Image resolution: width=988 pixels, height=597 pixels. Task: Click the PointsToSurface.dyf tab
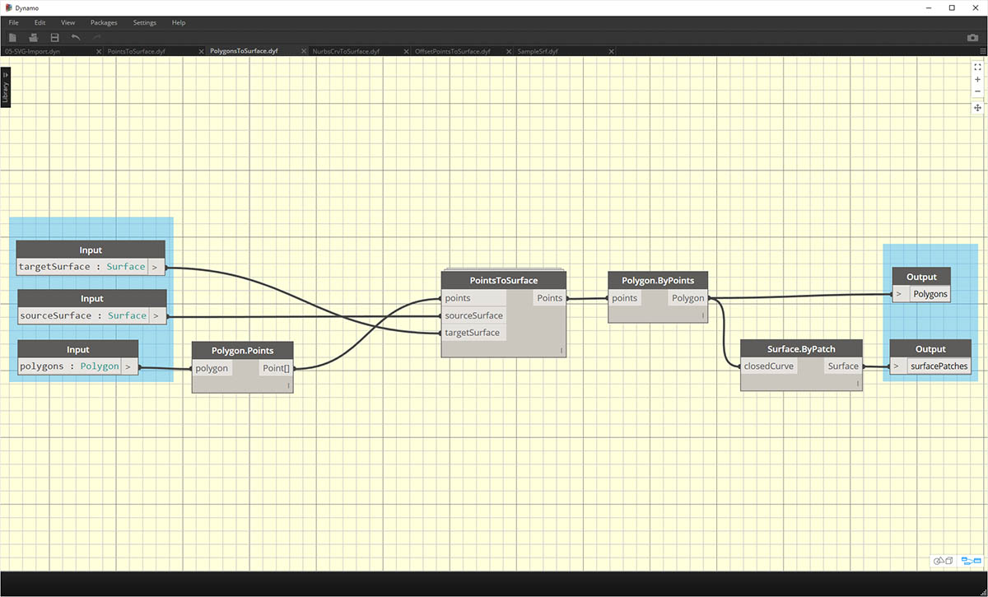pos(137,51)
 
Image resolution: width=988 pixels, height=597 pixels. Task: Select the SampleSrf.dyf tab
pos(538,51)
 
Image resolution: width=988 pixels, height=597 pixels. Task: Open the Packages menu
pos(104,22)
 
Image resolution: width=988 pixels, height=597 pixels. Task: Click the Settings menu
pos(144,22)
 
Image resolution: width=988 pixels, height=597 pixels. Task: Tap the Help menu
pos(179,22)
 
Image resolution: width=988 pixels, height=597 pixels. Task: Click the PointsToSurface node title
pos(503,281)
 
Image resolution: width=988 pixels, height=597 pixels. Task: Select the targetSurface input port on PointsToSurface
pos(473,333)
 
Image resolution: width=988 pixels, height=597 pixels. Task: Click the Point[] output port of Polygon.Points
pos(275,368)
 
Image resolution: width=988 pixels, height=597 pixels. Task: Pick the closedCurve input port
pos(769,366)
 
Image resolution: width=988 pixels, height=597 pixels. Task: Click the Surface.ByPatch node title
pos(801,348)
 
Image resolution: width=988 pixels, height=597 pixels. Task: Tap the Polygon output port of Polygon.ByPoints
pos(687,298)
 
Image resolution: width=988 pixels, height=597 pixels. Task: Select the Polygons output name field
pos(930,294)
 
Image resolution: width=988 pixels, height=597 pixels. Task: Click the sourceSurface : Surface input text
pos(82,315)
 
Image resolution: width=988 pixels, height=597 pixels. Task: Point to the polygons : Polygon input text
pos(69,366)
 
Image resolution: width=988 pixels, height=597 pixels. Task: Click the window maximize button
pos(952,7)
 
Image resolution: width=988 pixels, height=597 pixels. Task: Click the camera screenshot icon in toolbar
pos(972,38)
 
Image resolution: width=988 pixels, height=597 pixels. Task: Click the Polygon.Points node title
pos(242,350)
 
